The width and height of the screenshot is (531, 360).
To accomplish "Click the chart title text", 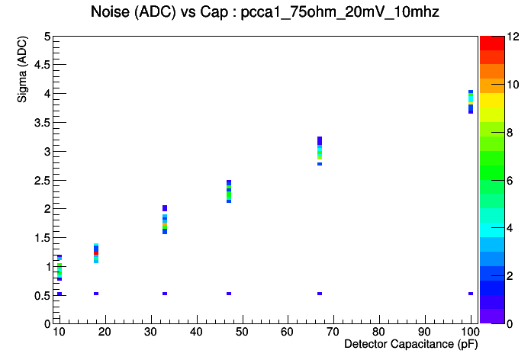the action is click(265, 12).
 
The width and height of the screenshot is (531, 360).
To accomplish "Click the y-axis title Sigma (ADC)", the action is click(22, 69).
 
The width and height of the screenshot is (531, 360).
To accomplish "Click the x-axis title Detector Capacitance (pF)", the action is click(411, 344).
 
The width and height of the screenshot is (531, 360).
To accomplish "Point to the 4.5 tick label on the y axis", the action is click(42, 64).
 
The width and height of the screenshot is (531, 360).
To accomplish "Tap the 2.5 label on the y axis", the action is click(42, 180).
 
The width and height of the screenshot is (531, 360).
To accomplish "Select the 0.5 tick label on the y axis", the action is click(42, 296).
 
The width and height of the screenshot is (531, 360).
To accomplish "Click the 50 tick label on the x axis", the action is click(242, 332).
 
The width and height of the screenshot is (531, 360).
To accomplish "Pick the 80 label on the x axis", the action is click(379, 332).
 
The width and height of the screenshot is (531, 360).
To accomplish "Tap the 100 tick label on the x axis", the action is click(470, 332).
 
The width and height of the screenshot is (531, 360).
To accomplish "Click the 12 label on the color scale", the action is click(513, 37).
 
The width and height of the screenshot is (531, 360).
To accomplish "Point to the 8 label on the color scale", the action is click(510, 133).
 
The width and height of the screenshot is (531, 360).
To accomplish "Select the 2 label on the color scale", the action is click(510, 276).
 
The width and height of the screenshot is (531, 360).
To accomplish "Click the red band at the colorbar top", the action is click(492, 43).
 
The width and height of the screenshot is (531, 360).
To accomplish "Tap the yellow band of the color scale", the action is click(492, 100).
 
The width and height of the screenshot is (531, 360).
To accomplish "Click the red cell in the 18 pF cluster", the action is click(96, 253).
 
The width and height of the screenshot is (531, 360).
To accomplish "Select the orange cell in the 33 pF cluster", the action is click(165, 224).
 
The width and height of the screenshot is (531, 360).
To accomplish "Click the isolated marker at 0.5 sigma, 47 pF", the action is click(229, 294).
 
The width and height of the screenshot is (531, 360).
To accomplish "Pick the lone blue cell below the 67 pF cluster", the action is click(320, 164).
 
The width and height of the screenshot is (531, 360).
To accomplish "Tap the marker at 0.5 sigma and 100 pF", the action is click(471, 294).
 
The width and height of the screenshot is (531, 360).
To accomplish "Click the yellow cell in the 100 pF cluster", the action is click(471, 103).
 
